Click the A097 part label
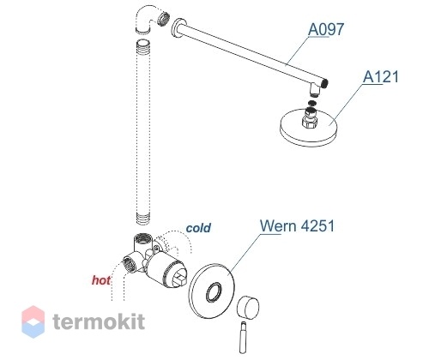click(326, 29)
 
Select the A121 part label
click(380, 76)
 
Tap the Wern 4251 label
click(297, 225)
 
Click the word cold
click(198, 228)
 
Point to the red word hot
click(101, 280)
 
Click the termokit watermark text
click(99, 321)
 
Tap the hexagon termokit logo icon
click(33, 321)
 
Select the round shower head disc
click(308, 127)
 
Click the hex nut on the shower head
click(310, 122)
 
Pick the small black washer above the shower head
click(312, 103)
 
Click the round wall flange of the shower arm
click(178, 28)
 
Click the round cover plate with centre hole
click(212, 292)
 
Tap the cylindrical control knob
click(248, 308)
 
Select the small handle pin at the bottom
click(243, 338)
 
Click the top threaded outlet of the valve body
click(142, 238)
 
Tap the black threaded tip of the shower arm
click(324, 83)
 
